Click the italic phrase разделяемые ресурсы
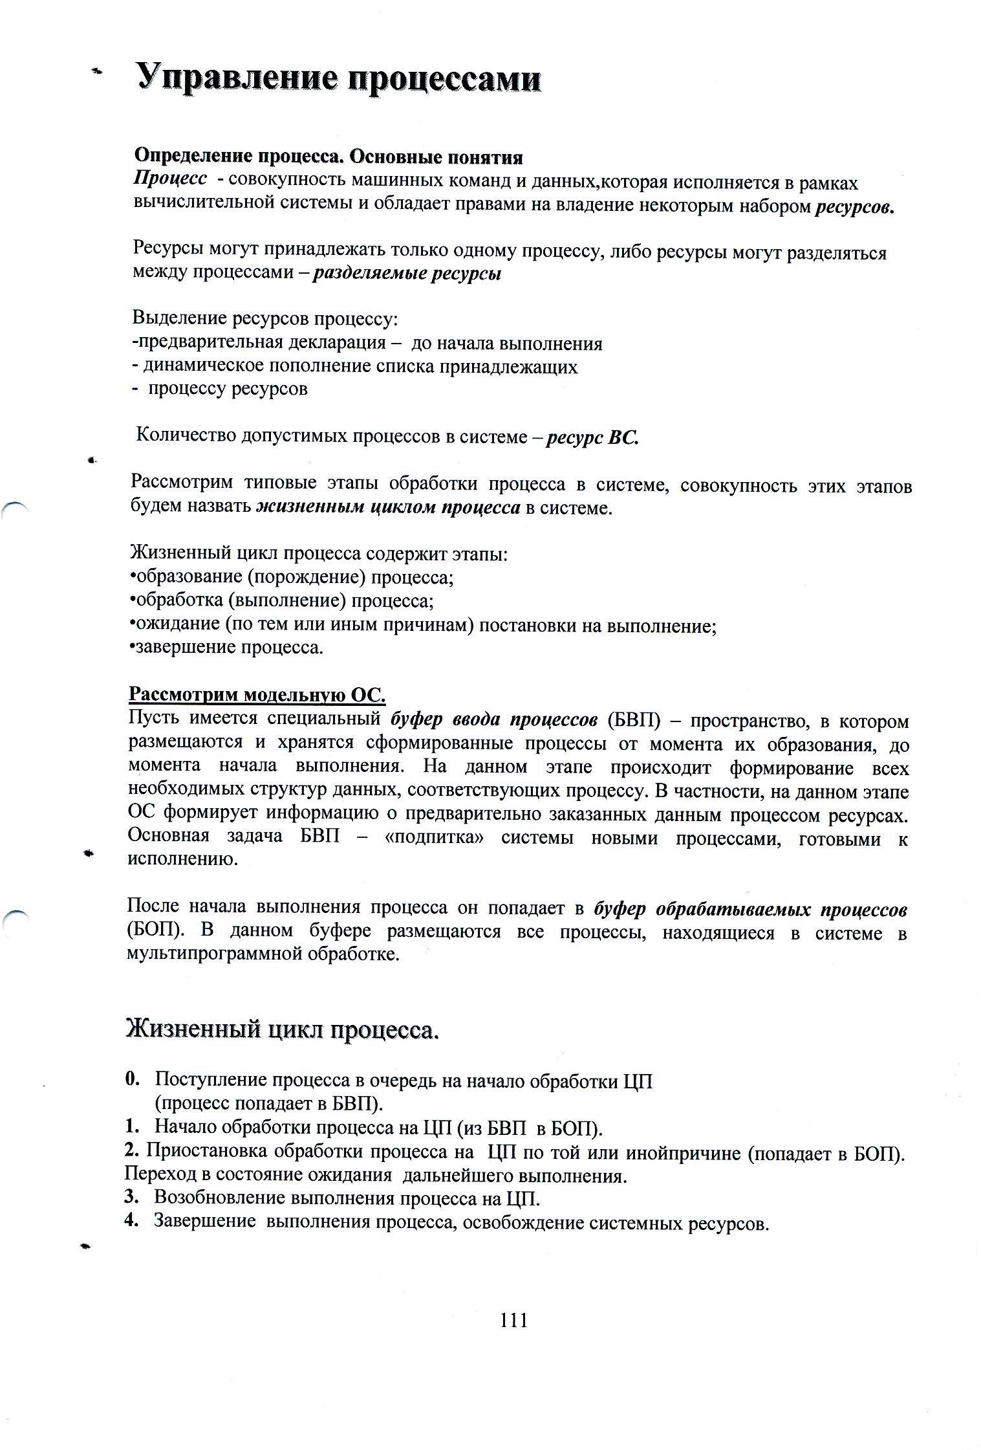407,274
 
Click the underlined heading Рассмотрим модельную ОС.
257,696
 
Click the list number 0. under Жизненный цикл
133,1079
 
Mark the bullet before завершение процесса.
133,648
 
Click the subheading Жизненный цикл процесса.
282,1029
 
